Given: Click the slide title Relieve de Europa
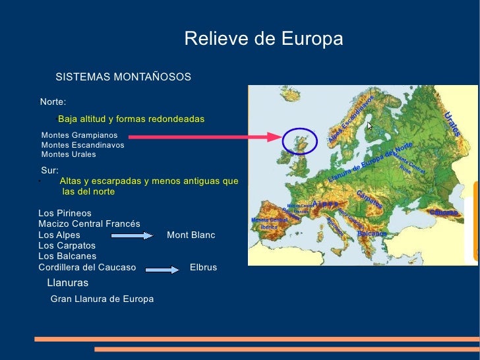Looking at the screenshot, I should (x=264, y=39).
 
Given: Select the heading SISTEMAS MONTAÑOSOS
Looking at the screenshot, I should (x=123, y=77).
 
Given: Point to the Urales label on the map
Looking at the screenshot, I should (x=452, y=124).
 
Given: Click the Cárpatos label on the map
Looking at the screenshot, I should (x=370, y=199).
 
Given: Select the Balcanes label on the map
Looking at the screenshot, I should (x=371, y=233).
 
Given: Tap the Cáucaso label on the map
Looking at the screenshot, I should (x=443, y=212).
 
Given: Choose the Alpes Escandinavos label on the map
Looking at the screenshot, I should (x=351, y=119).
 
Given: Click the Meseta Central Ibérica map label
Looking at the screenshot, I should (x=269, y=222).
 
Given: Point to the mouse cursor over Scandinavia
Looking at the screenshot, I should (x=370, y=125).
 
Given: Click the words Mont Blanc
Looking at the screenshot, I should (x=191, y=235).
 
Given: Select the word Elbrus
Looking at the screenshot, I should (x=203, y=267).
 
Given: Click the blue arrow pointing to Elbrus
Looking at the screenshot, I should (x=162, y=268).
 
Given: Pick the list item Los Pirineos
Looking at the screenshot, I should (x=65, y=214).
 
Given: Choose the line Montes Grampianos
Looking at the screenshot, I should (x=79, y=135).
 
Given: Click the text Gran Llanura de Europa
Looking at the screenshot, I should (x=102, y=299).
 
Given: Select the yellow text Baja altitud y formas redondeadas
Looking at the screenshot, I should (x=131, y=119).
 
